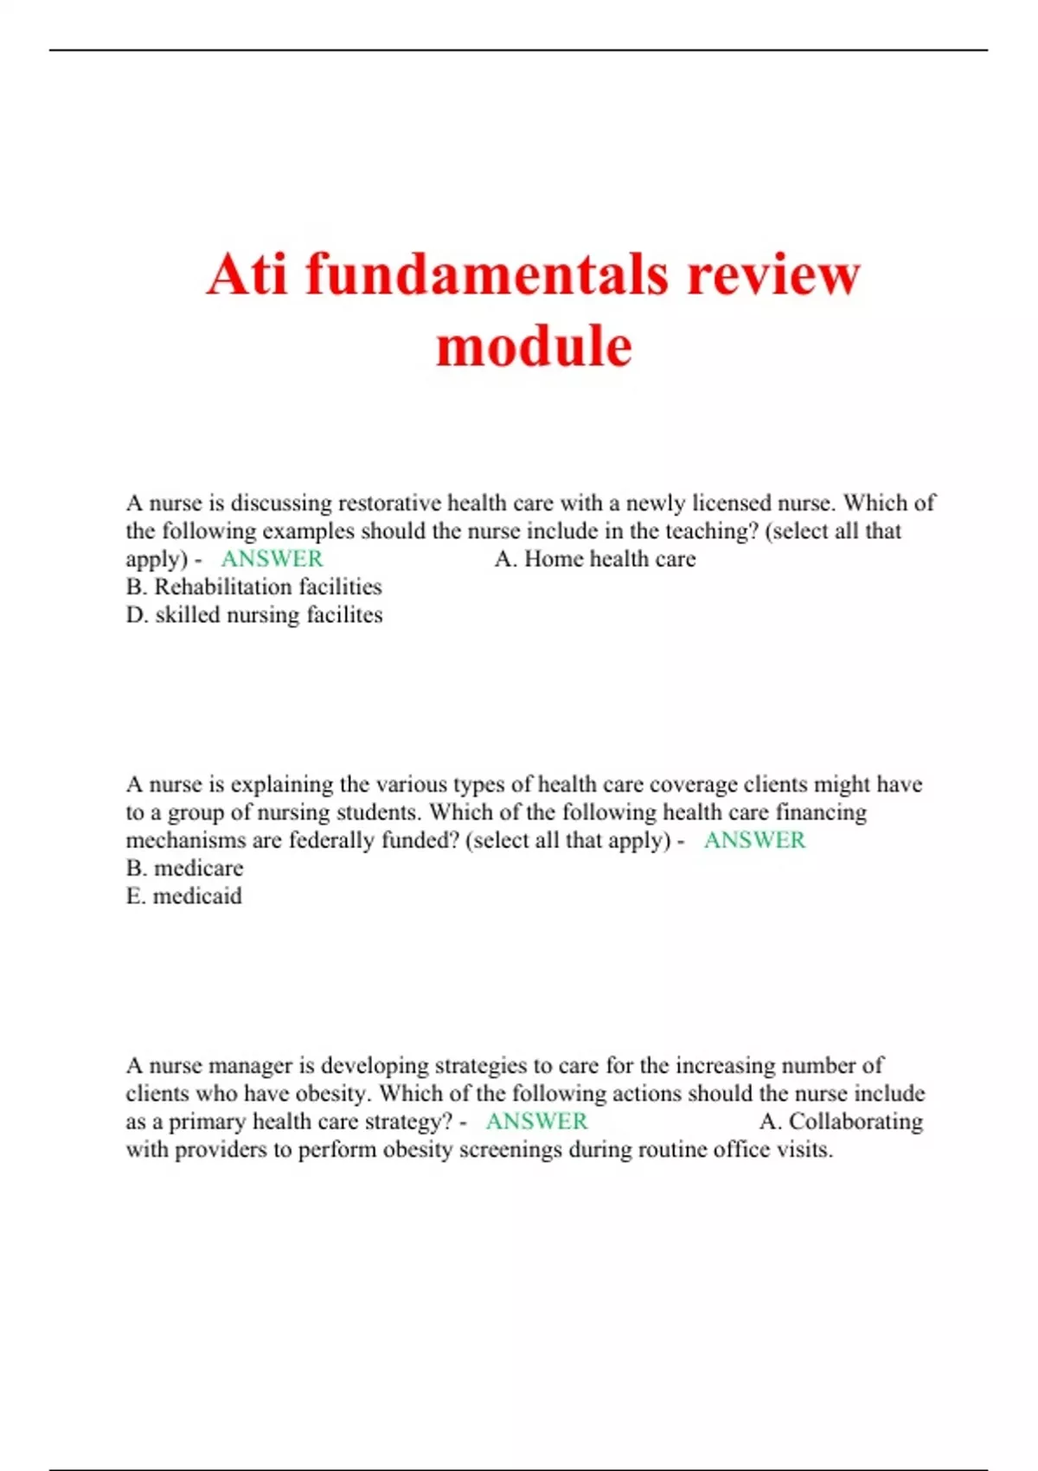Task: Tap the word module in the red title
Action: (534, 346)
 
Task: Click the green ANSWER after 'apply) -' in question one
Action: (272, 559)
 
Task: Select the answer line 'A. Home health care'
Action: (595, 559)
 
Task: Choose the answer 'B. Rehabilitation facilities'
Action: (253, 587)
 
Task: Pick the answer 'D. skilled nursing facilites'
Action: (253, 615)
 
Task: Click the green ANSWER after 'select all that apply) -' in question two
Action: (754, 840)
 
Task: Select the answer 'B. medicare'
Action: (184, 868)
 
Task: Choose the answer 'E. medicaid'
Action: (183, 896)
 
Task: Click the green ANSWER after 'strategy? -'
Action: (536, 1121)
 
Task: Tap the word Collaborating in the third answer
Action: (855, 1121)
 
